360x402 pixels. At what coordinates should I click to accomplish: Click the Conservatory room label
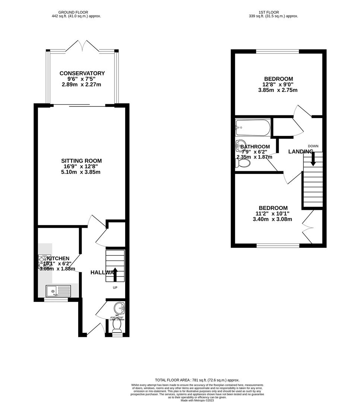click(82, 73)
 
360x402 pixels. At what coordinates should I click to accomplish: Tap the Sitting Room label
click(81, 161)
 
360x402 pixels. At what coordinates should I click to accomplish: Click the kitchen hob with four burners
click(44, 261)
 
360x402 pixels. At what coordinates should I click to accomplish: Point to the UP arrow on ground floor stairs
click(115, 274)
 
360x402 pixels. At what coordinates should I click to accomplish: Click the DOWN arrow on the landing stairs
click(313, 159)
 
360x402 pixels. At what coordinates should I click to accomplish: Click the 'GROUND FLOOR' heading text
click(76, 12)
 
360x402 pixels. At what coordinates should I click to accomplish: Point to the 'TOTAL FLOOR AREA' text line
click(198, 380)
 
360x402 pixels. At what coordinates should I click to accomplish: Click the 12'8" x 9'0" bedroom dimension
click(278, 84)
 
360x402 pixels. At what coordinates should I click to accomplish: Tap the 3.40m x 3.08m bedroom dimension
click(272, 219)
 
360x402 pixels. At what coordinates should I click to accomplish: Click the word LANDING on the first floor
click(300, 151)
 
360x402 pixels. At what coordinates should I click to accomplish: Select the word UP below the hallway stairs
click(116, 288)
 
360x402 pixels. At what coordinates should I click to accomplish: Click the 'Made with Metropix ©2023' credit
click(198, 400)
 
